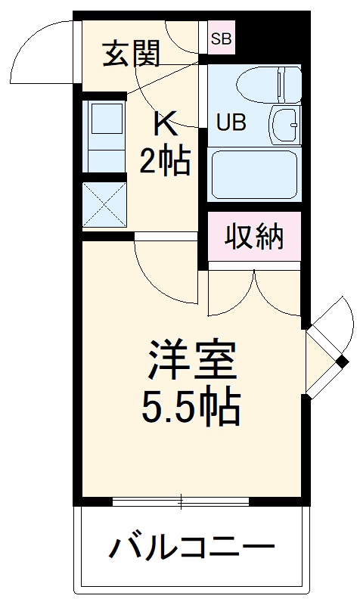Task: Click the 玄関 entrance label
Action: [x=132, y=54]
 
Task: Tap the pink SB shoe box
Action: [x=222, y=37]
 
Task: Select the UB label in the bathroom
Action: [x=231, y=123]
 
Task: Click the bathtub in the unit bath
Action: [x=255, y=174]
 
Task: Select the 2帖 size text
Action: [x=164, y=161]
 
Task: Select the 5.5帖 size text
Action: [x=191, y=408]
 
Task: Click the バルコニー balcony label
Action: [x=194, y=546]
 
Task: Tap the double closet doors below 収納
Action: [x=255, y=291]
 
